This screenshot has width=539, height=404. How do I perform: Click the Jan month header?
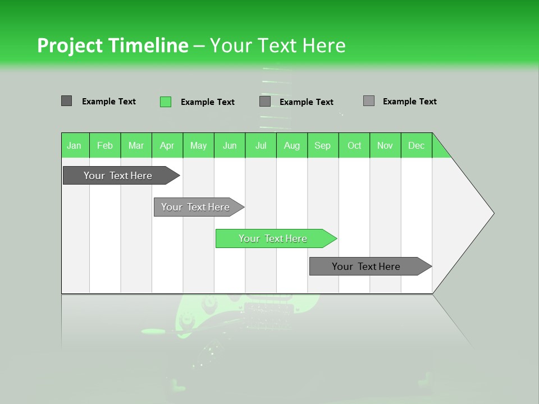pos(74,145)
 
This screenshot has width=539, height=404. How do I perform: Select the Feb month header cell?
pos(105,145)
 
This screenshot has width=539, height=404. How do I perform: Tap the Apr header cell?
pos(167,145)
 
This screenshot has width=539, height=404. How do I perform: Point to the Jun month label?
pos(230,145)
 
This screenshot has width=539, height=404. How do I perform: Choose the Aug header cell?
pos(292,145)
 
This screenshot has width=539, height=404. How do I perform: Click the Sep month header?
pos(322,145)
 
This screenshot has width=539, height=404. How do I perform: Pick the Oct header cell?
pos(354,145)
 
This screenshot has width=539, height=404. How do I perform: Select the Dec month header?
pos(416,145)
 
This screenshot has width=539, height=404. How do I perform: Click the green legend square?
pos(166,102)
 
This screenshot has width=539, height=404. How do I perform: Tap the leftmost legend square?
pos(66,101)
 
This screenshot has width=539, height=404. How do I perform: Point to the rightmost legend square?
pos(369,101)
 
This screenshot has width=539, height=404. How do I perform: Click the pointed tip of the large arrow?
pos(492,213)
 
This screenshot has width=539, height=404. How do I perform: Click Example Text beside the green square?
pos(207,102)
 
